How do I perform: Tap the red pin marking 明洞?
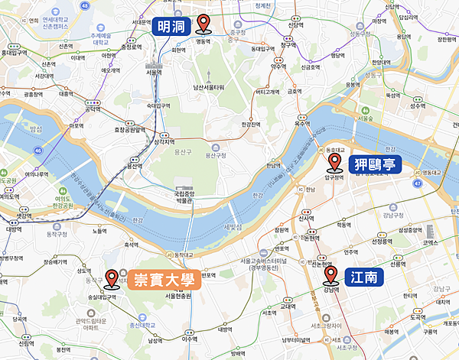click(x=204, y=24)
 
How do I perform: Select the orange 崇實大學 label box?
click(x=164, y=279)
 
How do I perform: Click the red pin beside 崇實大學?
click(x=112, y=279)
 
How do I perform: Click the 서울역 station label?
click(x=155, y=73)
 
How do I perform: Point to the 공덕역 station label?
click(x=93, y=109)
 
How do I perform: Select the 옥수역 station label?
click(x=304, y=122)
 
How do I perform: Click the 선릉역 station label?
click(x=397, y=264)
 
